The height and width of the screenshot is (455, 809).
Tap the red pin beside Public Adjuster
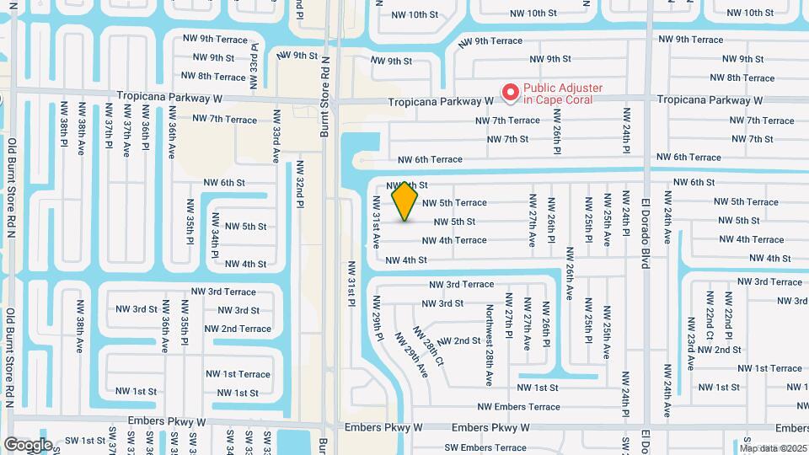(510, 93)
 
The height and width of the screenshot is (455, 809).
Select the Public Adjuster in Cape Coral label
(558, 94)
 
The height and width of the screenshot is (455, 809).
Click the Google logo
(28, 444)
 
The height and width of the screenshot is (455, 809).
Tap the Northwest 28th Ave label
(489, 333)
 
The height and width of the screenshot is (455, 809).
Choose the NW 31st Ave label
(376, 222)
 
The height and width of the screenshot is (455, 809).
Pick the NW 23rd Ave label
(690, 344)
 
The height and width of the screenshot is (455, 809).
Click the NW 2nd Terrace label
(238, 329)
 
